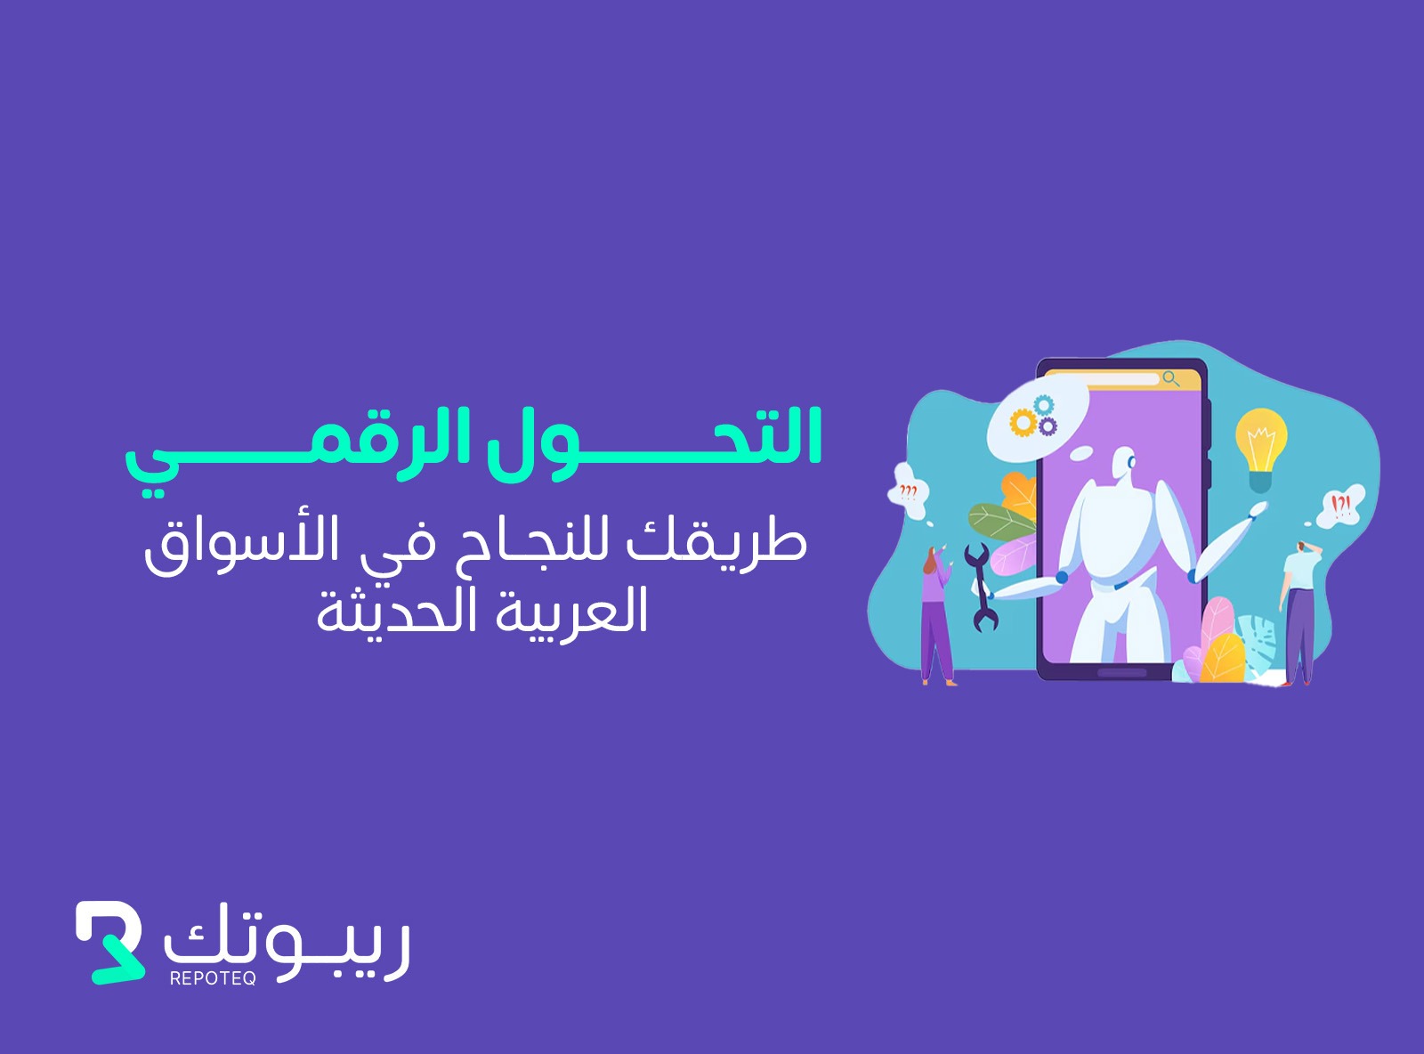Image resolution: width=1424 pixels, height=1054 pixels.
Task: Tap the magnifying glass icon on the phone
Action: [1171, 379]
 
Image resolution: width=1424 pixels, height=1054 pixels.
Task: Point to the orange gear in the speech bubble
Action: [1022, 423]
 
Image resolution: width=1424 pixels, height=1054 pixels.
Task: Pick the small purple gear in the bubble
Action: [1048, 426]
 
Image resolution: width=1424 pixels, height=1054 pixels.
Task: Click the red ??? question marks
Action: [908, 492]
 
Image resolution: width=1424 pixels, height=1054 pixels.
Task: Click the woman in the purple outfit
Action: [936, 615]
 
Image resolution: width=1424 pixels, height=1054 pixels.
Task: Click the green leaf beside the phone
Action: [1000, 521]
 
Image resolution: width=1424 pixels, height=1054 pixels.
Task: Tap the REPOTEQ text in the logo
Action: [213, 978]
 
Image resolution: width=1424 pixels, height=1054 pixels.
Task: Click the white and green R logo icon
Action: [109, 942]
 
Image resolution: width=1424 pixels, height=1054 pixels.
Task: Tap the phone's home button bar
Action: [1121, 672]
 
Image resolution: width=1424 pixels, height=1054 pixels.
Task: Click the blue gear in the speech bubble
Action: [1044, 405]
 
